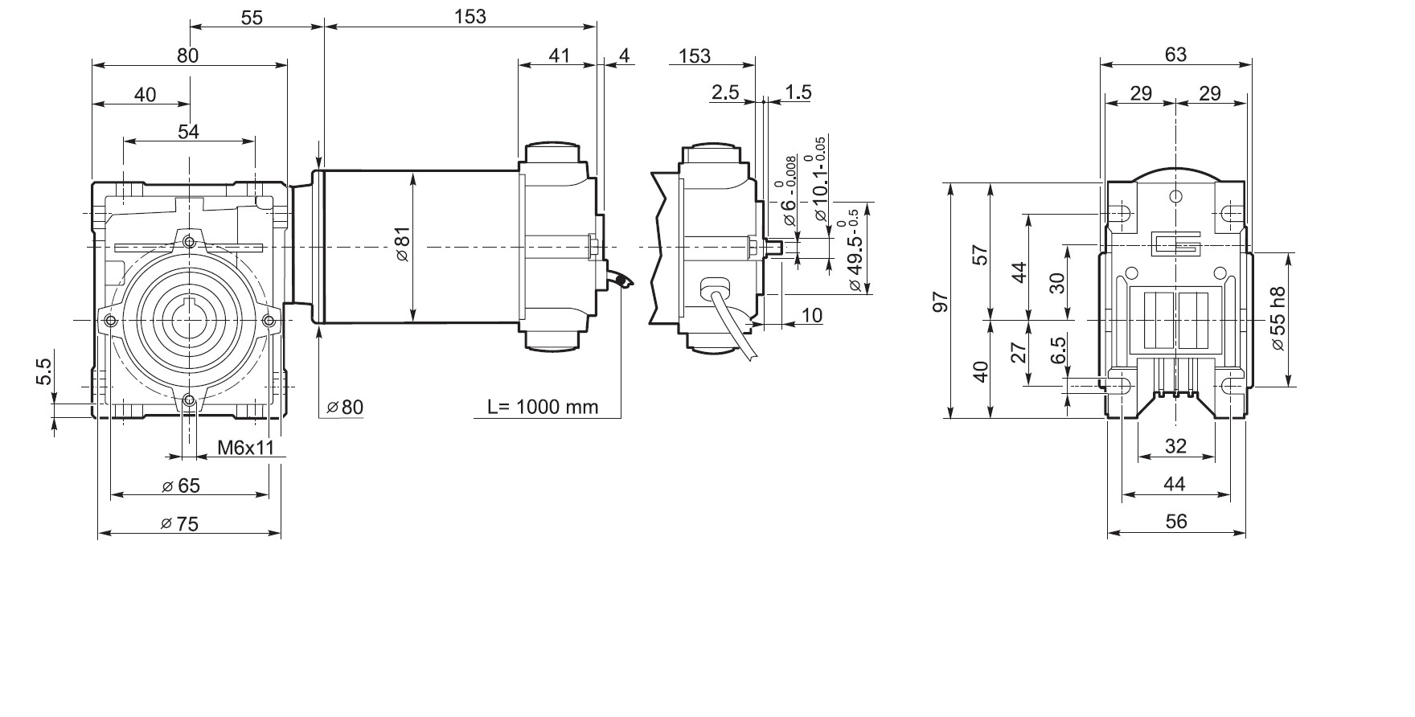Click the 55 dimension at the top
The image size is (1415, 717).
[x=252, y=17]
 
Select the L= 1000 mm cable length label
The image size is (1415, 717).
[x=543, y=407]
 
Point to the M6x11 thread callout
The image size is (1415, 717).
[x=247, y=448]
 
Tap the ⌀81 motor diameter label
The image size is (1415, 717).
[x=403, y=244]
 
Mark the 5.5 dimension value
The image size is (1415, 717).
[x=43, y=371]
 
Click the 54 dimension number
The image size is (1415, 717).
[x=188, y=131]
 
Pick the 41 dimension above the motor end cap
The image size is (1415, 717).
[x=559, y=55]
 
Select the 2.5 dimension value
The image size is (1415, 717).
[x=724, y=92]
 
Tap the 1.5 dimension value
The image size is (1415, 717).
[x=798, y=92]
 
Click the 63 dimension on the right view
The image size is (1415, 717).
[x=1175, y=54]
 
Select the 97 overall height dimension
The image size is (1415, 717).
[x=941, y=301]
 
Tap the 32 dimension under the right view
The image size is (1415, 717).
[x=1175, y=446]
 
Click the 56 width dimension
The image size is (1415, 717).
[x=1175, y=522]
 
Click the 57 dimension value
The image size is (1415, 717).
[x=980, y=255]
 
